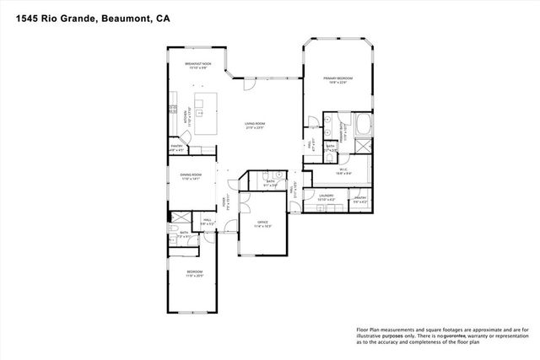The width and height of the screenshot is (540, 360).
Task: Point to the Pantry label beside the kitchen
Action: coord(177,148)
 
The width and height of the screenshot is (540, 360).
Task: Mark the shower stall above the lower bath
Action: coord(174,228)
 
